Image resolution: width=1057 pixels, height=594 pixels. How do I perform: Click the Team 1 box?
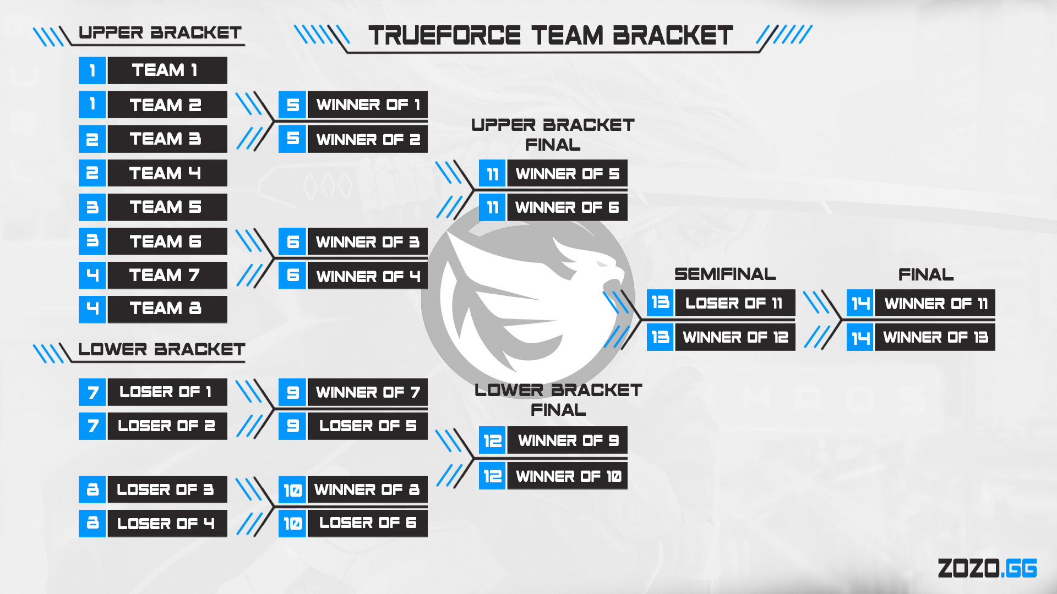tap(167, 70)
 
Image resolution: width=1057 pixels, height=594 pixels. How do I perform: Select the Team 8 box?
tap(167, 309)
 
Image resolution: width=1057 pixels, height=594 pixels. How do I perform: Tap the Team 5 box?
tap(167, 207)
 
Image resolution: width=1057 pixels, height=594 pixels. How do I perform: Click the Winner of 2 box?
tap(367, 139)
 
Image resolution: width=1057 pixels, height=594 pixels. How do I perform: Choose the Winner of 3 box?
tap(367, 241)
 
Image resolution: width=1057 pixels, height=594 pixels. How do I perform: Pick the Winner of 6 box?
tap(567, 207)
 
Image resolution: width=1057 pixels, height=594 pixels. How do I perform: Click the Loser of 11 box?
tap(734, 303)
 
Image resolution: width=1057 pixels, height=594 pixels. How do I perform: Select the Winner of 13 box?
tap(935, 337)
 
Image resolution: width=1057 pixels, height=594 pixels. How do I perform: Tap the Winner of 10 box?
tap(567, 476)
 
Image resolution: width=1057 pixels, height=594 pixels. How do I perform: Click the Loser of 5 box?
tap(367, 426)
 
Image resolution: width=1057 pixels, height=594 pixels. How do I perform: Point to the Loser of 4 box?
tap(167, 523)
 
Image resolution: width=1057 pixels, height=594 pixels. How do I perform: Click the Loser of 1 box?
tap(167, 392)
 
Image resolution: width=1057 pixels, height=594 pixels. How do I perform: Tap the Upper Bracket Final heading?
tap(553, 135)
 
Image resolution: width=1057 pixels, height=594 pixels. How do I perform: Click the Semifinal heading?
tap(725, 274)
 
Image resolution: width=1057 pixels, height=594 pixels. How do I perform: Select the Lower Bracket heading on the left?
tap(161, 349)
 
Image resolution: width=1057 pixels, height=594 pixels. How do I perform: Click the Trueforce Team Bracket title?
tap(551, 36)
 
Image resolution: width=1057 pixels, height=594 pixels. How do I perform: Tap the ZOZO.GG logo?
tap(987, 568)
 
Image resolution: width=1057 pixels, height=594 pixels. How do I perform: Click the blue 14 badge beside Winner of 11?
tap(860, 303)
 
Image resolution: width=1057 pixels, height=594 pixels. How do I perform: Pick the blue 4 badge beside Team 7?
tap(92, 275)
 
